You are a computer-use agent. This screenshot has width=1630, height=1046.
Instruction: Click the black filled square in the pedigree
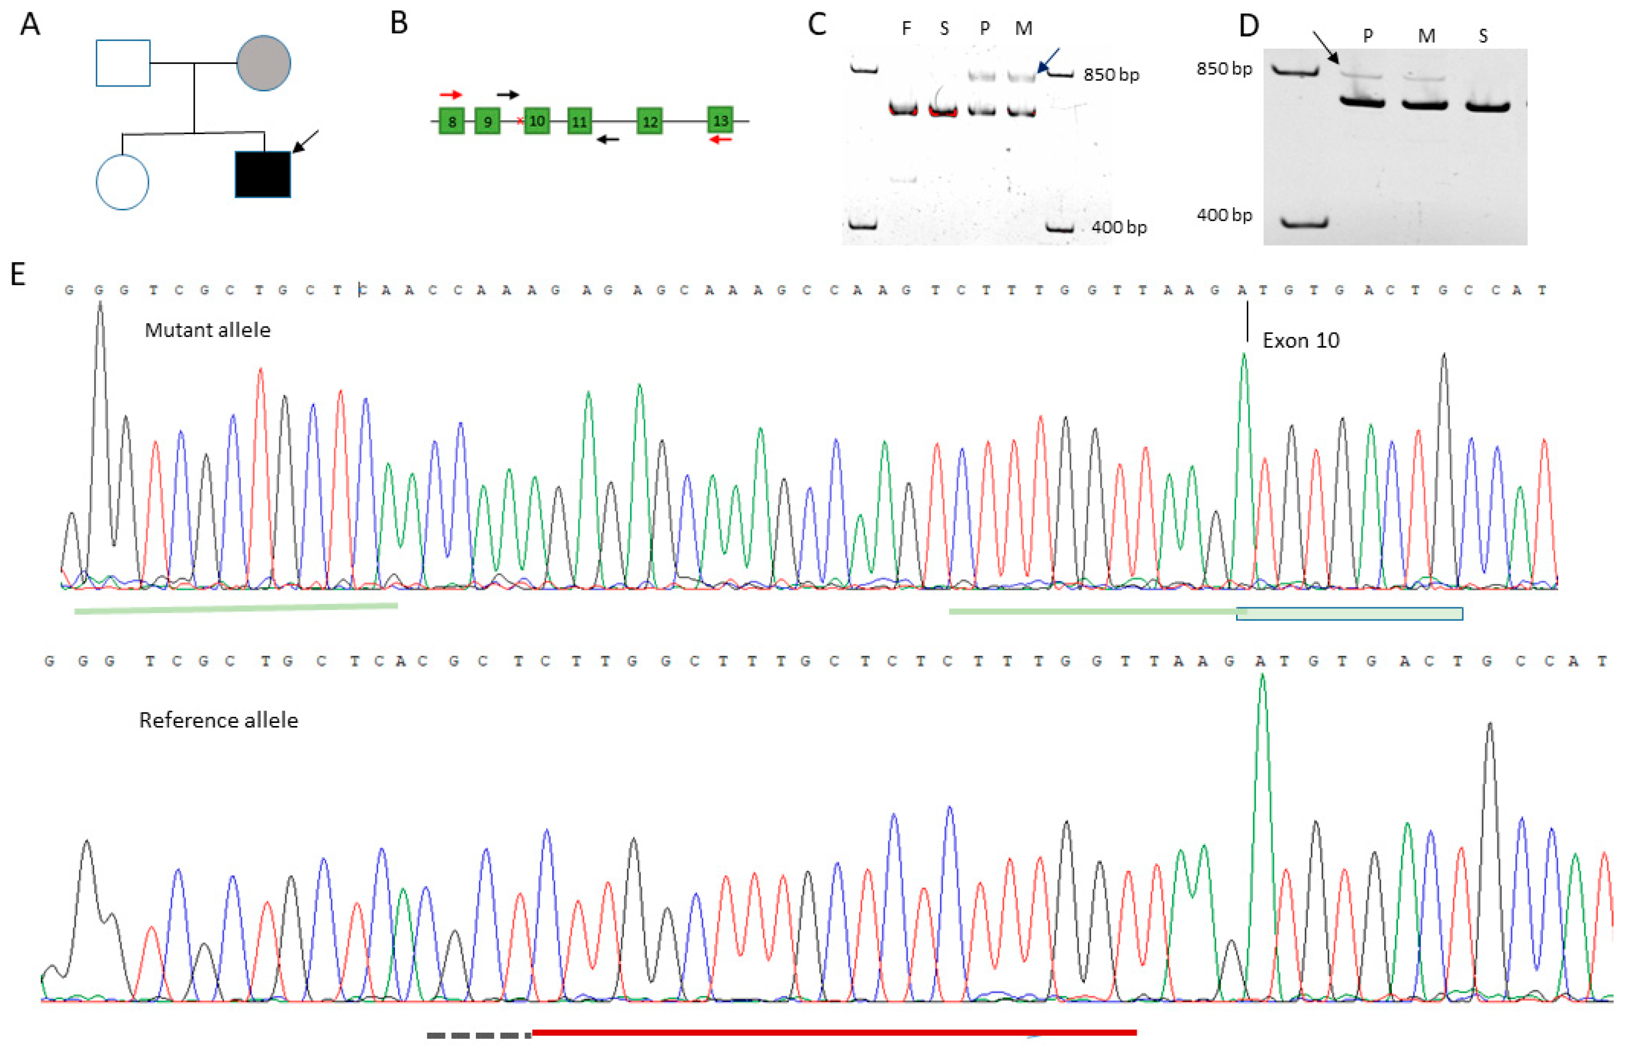262,175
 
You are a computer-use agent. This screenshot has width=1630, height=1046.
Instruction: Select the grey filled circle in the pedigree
264,63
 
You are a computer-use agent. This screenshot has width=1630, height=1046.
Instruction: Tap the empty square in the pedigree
123,63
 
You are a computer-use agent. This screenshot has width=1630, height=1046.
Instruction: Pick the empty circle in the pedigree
122,182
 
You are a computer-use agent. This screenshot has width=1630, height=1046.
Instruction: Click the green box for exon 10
537,121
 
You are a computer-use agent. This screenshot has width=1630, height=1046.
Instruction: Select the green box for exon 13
720,121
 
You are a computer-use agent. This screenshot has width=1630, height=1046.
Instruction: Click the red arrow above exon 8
450,94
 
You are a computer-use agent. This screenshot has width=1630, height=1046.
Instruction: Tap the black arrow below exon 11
608,140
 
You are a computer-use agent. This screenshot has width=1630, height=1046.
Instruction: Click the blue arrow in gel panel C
1049,60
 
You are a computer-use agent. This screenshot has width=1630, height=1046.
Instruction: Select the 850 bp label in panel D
1224,69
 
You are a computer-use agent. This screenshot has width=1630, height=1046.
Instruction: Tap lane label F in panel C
906,29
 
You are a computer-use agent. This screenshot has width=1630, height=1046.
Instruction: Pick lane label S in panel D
1483,36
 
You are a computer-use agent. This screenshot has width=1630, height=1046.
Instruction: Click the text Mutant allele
207,330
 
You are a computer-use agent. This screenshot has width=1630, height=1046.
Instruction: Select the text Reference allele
218,720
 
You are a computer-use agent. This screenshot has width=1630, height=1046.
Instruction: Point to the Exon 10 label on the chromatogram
1301,340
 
